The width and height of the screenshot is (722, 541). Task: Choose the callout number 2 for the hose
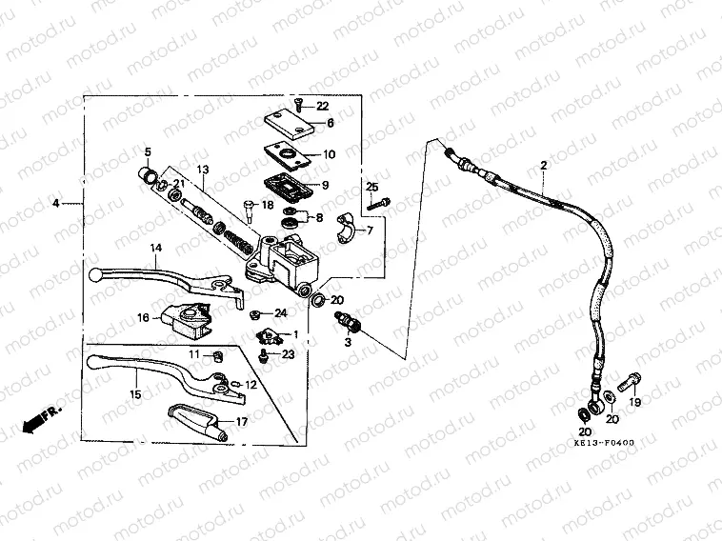[543, 166]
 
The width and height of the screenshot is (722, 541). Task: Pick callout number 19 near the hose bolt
[636, 403]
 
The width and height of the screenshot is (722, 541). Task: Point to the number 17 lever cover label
[242, 421]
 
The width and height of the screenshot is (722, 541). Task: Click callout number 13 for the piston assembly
[202, 170]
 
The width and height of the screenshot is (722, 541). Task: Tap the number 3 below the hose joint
[348, 340]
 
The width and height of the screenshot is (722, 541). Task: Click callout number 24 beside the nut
[280, 313]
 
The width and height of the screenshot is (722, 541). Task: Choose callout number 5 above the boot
[148, 152]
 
